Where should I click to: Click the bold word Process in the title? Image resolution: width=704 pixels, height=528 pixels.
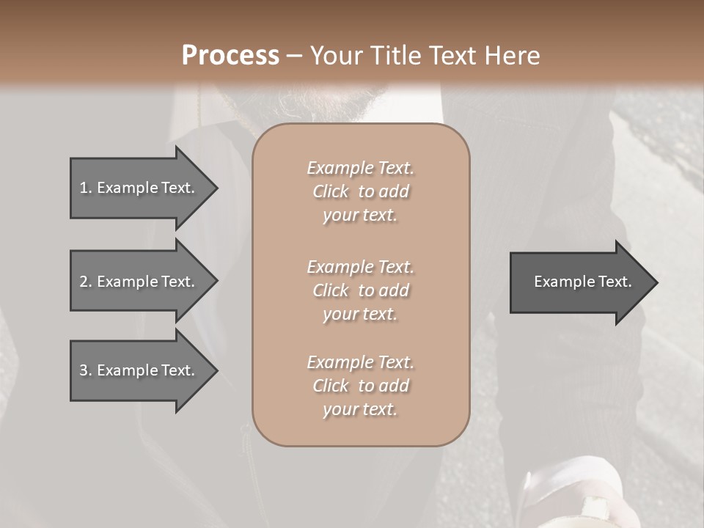(x=230, y=56)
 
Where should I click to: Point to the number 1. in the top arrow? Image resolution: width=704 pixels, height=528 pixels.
(x=85, y=188)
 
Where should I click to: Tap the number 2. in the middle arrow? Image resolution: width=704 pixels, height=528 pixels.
(x=85, y=282)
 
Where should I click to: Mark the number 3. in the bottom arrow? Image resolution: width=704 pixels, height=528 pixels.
(x=85, y=370)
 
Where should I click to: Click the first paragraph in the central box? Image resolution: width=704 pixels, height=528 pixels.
(x=360, y=191)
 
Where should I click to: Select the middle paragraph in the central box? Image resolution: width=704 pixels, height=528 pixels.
(x=360, y=290)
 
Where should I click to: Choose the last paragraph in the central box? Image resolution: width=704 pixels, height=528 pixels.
(x=360, y=386)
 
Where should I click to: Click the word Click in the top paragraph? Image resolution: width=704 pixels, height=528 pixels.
(x=331, y=191)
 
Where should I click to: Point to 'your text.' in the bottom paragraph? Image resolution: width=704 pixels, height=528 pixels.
(x=360, y=409)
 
